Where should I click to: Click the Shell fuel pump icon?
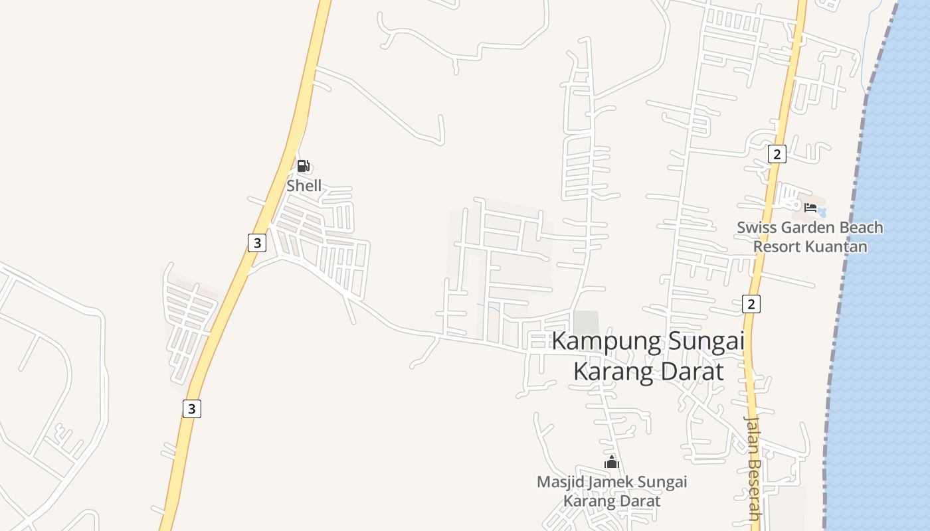point(303,166)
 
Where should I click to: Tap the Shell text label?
point(304,186)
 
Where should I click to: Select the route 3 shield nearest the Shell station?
point(256,243)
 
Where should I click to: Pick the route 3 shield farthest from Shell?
point(191,409)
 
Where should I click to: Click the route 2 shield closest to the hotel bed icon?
point(777,154)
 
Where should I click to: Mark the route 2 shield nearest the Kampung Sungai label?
point(751,304)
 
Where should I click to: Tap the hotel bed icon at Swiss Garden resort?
point(810,208)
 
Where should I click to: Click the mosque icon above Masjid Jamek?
point(612,462)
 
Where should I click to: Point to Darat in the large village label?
point(692,371)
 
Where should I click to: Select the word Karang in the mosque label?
point(586,501)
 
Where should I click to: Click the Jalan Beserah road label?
point(752,468)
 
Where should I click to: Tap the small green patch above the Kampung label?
point(585,321)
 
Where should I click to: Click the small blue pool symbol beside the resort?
point(822,212)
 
